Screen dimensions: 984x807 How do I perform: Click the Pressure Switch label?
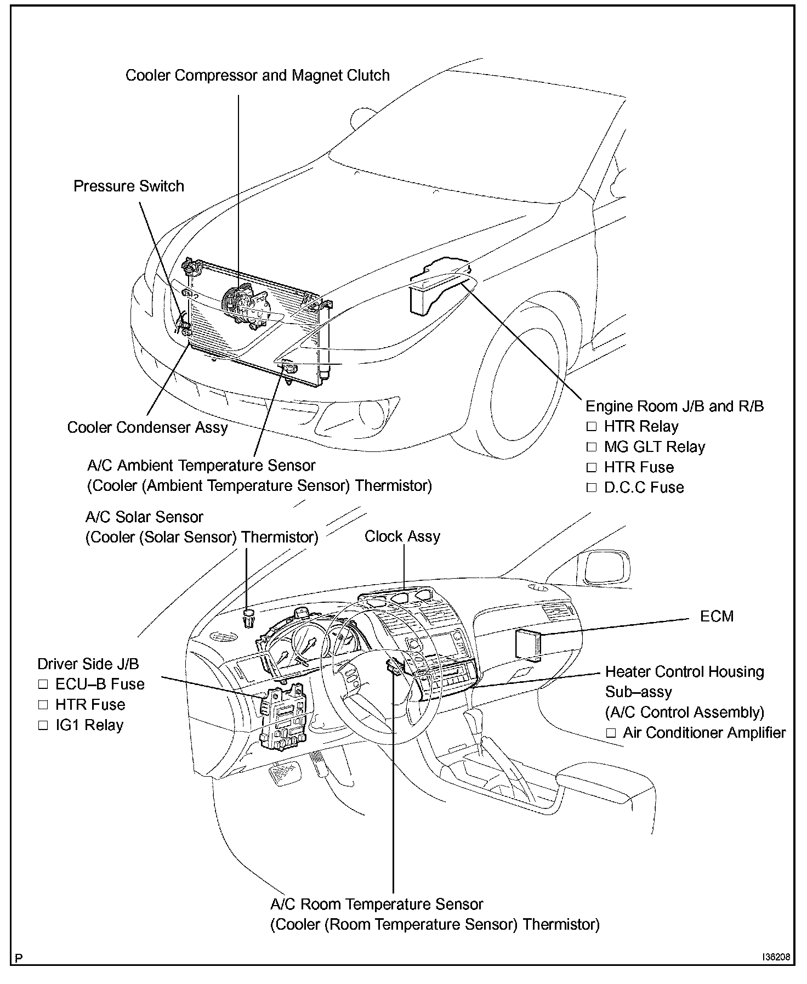129,186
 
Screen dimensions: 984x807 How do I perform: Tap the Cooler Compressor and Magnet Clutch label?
258,75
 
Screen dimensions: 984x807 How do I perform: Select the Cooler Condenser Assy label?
147,427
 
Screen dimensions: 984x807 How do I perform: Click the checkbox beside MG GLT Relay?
591,448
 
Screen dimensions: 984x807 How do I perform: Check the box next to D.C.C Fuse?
591,488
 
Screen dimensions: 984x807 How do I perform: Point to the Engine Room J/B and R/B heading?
674,406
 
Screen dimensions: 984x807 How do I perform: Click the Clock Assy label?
402,536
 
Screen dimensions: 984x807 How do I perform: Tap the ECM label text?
717,617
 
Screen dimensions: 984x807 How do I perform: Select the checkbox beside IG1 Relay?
43,726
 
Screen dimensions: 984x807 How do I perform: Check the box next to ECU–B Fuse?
43,685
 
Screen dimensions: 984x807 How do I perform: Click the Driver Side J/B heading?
88,664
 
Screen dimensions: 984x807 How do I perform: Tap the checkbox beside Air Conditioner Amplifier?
611,733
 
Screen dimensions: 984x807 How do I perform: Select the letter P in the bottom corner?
19,958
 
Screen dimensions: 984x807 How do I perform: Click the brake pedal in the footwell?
283,774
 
